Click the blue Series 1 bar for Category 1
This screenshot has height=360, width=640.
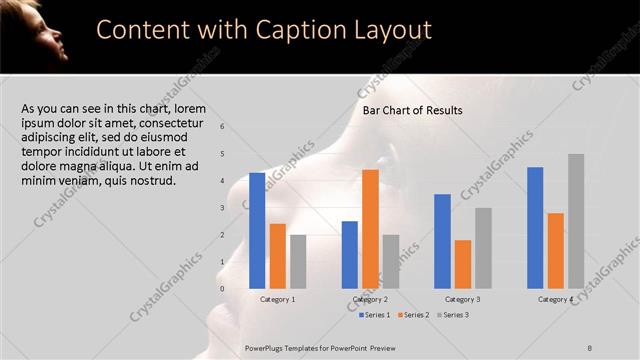tap(257, 230)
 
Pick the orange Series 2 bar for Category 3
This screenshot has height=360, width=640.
tap(462, 264)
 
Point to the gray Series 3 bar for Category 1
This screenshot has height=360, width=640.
tap(298, 261)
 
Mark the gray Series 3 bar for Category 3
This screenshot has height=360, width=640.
tap(483, 248)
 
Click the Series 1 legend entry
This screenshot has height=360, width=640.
tap(375, 315)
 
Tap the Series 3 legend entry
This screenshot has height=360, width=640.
tap(451, 315)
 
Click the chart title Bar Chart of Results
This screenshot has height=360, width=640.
tap(412, 110)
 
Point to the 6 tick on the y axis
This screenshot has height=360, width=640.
tap(222, 127)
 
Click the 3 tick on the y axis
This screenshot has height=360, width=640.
tap(222, 208)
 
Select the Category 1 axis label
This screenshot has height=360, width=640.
tap(277, 299)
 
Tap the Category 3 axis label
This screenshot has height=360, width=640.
tap(462, 299)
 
